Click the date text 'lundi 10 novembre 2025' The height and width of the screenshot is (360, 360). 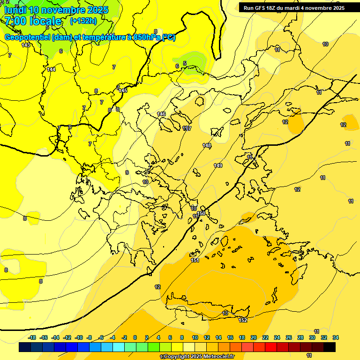tap(56, 9)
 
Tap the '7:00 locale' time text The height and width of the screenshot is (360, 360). tap(33, 21)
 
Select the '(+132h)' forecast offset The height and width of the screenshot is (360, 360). tap(83, 21)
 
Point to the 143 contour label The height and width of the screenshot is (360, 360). tap(26, 45)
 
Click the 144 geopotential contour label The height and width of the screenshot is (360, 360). tap(51, 69)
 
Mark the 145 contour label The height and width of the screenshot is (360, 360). tap(123, 90)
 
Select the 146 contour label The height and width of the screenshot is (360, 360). tap(162, 114)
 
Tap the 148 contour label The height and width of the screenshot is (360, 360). tap(207, 146)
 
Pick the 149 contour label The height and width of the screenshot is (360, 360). tap(218, 165)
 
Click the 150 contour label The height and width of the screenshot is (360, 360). tap(201, 213)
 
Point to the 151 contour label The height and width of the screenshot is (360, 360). tap(195, 260)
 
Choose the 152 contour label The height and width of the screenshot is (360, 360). tap(243, 320)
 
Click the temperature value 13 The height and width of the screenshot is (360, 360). tap(225, 313)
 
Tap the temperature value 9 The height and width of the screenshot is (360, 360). tap(127, 172)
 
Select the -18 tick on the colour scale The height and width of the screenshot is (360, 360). tap(32, 337)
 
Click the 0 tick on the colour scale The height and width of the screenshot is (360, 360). tap(135, 337)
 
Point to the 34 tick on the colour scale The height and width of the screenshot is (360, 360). tap(336, 337)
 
